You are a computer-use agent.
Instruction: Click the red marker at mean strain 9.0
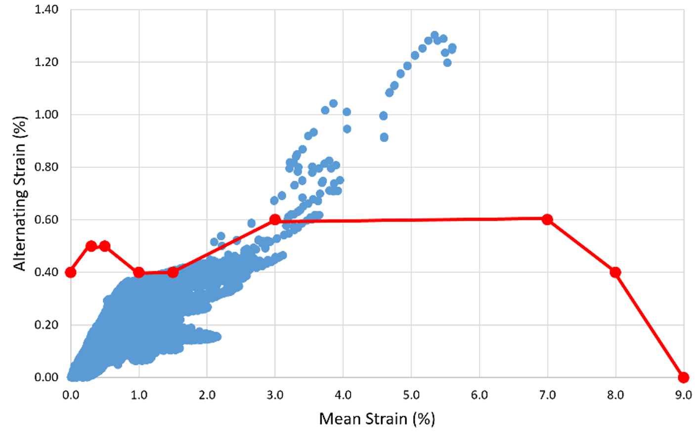point(683,377)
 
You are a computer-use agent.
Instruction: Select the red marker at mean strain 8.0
point(615,272)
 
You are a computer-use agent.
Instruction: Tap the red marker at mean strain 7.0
point(547,219)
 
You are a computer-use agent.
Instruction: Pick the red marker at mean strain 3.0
point(275,219)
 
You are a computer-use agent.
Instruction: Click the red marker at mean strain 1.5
point(173,272)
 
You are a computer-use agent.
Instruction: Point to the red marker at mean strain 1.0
point(139,272)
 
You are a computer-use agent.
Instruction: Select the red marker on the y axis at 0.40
point(71,272)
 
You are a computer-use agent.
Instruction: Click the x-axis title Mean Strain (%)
point(377,419)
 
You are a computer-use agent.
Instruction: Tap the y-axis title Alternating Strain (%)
point(20,193)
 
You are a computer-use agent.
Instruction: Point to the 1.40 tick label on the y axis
point(46,9)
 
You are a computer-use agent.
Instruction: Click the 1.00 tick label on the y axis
point(46,114)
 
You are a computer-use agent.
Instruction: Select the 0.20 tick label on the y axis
point(46,325)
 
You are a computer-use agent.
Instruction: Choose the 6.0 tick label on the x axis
point(479,395)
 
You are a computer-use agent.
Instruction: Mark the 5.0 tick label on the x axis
point(411,395)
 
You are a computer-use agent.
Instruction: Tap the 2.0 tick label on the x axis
point(207,395)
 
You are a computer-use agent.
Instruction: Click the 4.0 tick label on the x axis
point(343,395)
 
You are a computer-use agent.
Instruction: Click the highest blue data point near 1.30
point(434,35)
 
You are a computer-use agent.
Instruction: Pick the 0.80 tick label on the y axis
point(46,167)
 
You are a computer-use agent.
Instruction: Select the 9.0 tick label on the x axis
point(683,395)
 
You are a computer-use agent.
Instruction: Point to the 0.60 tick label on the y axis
point(46,219)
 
